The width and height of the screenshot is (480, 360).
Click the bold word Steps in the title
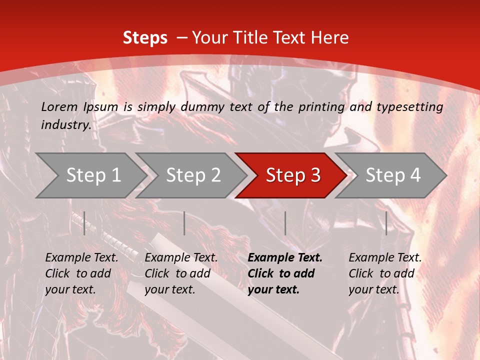coord(145,37)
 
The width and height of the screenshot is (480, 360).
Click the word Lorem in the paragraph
coord(59,106)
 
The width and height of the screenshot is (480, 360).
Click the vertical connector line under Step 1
coord(84,223)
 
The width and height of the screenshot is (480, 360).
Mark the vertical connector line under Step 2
coord(184,223)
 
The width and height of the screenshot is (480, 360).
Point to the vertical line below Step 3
coord(285,223)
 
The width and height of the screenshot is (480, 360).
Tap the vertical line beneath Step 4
coord(386,223)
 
